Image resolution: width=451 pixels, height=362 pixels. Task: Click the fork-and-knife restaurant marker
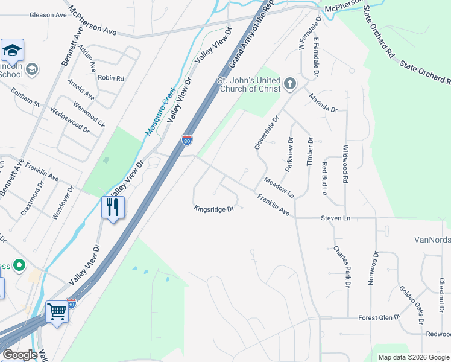[x=113, y=208]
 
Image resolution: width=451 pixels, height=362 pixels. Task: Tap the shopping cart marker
[x=57, y=313]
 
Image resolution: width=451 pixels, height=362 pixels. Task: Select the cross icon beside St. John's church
[x=290, y=83]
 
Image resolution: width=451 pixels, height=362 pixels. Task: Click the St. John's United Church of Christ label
[x=249, y=84]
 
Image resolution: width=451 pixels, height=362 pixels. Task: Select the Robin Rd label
[x=111, y=78]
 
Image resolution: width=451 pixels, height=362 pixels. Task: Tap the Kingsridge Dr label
[x=213, y=209]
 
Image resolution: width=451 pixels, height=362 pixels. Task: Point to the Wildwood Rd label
[x=345, y=164]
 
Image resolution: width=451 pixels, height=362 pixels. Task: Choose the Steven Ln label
[x=335, y=218]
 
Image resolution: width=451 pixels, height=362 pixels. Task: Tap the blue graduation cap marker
[x=12, y=50]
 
